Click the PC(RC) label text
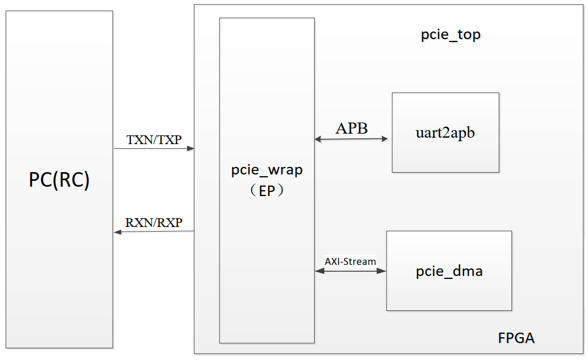click(59, 180)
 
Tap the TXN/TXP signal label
click(154, 140)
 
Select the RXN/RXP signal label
click(154, 223)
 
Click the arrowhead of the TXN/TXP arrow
click(190, 149)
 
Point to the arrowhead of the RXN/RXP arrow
click(117, 232)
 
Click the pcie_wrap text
click(267, 171)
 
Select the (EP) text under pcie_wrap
click(267, 191)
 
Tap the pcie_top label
click(451, 35)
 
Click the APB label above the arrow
click(352, 128)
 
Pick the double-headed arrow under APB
click(351, 139)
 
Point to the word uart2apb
click(445, 132)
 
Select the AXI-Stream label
click(350, 261)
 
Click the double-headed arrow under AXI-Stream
click(350, 271)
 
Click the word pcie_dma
click(449, 271)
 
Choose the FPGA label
click(516, 338)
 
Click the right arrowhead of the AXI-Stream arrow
click(382, 271)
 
